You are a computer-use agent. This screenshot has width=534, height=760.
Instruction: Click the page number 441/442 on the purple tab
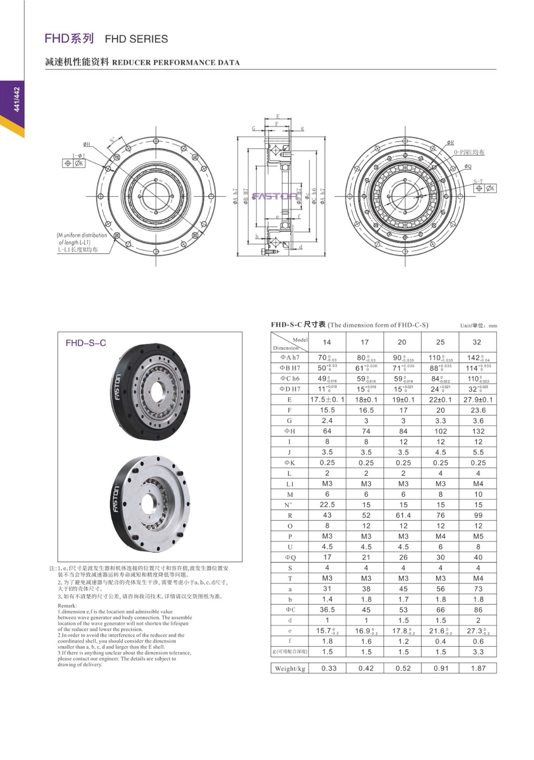coord(17,99)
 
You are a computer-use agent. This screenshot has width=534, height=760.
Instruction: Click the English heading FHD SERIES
coord(136,39)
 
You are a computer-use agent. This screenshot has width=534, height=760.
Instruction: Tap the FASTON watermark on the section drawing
coord(276,196)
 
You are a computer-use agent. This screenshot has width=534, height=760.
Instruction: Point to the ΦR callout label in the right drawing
coord(450,142)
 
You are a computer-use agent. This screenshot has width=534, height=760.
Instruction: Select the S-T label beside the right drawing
coord(478,181)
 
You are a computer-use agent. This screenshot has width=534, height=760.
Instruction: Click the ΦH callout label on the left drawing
coord(86,144)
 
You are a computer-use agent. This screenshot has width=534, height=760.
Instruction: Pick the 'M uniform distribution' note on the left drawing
coord(82,235)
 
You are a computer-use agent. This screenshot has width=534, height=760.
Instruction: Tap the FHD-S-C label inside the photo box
coord(86,343)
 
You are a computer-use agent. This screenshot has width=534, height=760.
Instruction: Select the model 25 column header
coord(440,342)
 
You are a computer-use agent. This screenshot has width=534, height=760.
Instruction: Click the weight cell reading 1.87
coord(478,668)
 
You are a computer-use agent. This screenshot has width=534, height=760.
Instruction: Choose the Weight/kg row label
coord(290,668)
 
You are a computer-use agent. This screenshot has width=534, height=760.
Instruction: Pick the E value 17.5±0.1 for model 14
coord(327,399)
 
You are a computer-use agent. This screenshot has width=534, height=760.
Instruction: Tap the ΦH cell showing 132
coord(478,431)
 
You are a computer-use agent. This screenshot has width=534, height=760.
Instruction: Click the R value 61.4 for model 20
coord(403,515)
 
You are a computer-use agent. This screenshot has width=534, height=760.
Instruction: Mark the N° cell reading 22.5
coord(327,505)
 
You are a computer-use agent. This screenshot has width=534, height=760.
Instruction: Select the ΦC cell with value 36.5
coord(327,610)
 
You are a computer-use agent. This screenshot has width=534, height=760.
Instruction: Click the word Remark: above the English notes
coord(67,606)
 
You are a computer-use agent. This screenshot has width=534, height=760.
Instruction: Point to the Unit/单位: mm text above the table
coord(478,326)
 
